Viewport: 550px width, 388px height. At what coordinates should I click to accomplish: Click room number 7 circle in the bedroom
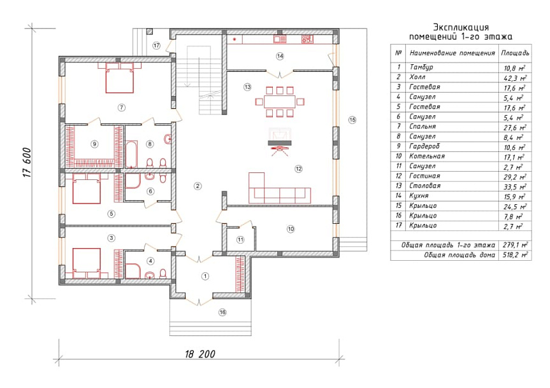point(121,107)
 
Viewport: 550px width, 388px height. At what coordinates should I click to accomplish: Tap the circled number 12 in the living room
point(298,169)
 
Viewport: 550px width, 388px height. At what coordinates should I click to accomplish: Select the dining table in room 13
point(280,102)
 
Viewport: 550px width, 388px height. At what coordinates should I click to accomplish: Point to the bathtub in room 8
point(131,154)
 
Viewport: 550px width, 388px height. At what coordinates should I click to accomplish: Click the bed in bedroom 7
point(120,78)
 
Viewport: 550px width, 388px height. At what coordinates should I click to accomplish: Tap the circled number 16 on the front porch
point(222,312)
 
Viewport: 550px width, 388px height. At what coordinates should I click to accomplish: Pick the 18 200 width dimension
point(200,354)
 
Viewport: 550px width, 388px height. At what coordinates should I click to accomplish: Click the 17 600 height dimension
point(27,162)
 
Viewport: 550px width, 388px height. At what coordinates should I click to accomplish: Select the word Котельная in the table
point(427,156)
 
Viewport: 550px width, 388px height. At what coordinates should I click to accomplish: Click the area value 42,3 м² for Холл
point(515,78)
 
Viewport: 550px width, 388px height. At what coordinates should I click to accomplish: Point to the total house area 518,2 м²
point(516,255)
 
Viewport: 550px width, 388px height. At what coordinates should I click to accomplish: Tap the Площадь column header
point(515,53)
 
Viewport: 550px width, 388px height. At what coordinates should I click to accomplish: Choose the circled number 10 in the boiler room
point(291,230)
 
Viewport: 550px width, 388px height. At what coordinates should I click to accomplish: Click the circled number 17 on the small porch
point(156,46)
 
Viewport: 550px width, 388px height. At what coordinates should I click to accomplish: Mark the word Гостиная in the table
point(424,176)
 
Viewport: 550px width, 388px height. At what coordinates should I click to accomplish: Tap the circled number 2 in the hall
point(198,186)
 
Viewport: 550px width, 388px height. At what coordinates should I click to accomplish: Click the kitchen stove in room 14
point(307,39)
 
